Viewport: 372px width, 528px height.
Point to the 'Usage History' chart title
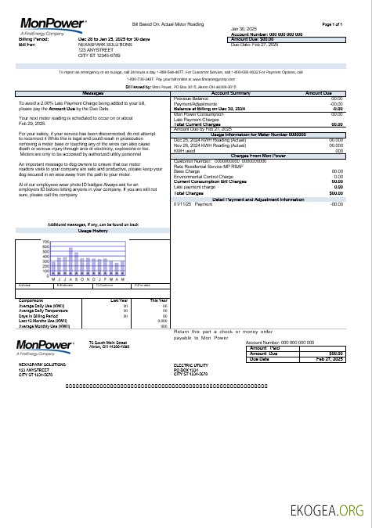(92, 232)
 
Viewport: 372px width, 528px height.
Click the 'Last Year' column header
(119, 300)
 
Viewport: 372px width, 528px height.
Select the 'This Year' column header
(158, 300)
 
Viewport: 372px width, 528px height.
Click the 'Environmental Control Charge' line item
(206, 176)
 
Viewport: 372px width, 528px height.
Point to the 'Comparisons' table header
(31, 300)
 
